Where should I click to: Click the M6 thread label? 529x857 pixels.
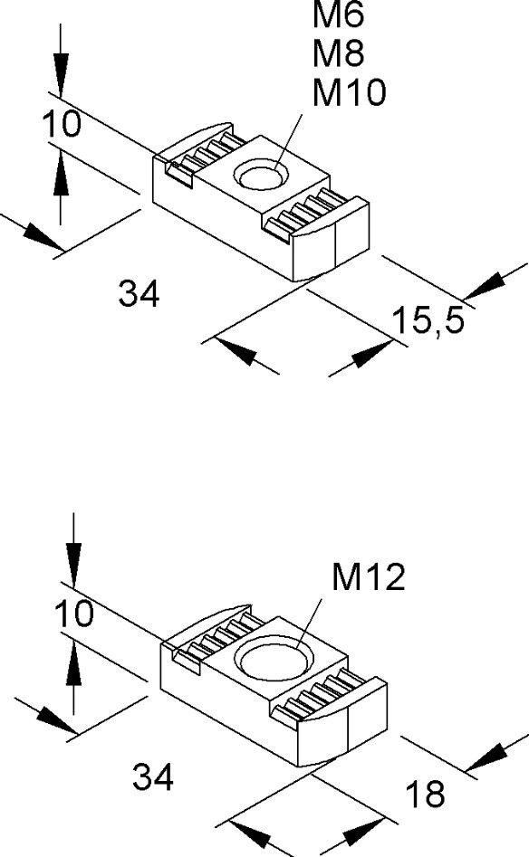[x=338, y=14]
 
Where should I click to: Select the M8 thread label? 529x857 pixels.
[x=338, y=53]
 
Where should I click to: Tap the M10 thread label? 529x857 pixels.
[x=349, y=91]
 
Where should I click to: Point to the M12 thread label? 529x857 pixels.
[x=368, y=577]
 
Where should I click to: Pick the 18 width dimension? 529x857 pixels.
[x=426, y=794]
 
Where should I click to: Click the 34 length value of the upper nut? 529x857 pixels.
[x=139, y=293]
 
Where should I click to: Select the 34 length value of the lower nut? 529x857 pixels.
[x=152, y=776]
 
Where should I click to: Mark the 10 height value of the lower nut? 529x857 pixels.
[x=74, y=614]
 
